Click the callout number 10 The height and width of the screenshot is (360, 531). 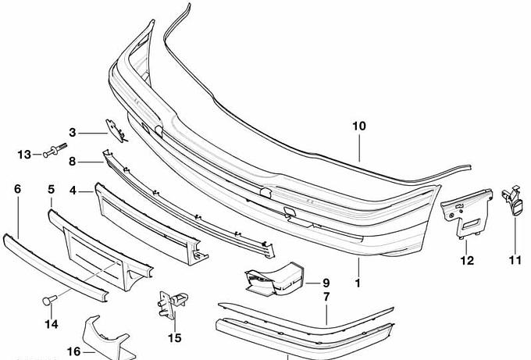(358, 125)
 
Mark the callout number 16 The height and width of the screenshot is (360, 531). (73, 351)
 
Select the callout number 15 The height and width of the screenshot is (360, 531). (174, 337)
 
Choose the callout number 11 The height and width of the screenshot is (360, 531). (515, 260)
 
